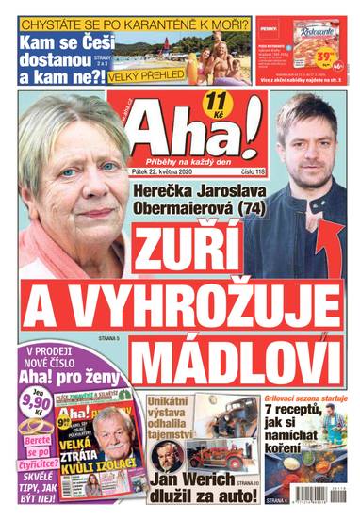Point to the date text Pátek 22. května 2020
pos(172,172)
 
